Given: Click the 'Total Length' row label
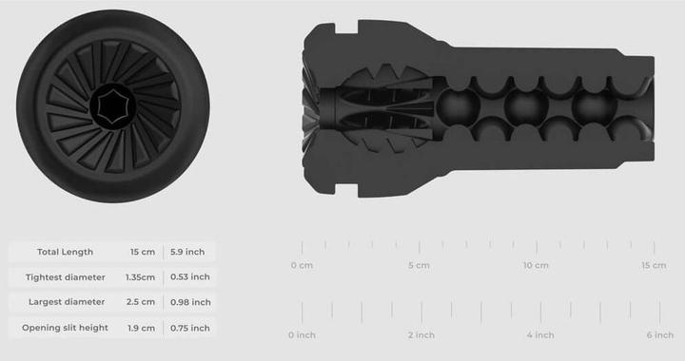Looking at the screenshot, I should click(65, 252).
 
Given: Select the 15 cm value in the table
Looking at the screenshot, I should click(142, 252).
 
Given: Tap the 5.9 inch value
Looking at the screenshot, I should click(187, 252).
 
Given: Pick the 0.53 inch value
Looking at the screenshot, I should click(189, 277).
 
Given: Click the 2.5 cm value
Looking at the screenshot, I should click(142, 302).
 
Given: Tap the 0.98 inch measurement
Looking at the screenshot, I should click(189, 302).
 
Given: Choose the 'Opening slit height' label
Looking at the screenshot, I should click(65, 328).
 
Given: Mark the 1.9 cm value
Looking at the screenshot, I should click(142, 328).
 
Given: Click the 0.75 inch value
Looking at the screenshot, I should click(189, 328).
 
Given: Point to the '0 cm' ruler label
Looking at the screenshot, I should click(302, 265).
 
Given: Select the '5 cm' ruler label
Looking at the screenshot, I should click(419, 265).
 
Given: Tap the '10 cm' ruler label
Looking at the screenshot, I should click(536, 265).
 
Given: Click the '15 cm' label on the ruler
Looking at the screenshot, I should click(653, 265).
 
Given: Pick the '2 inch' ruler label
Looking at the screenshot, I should click(421, 334).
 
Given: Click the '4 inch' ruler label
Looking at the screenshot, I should click(539, 334).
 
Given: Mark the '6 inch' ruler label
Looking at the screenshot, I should click(659, 334).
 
